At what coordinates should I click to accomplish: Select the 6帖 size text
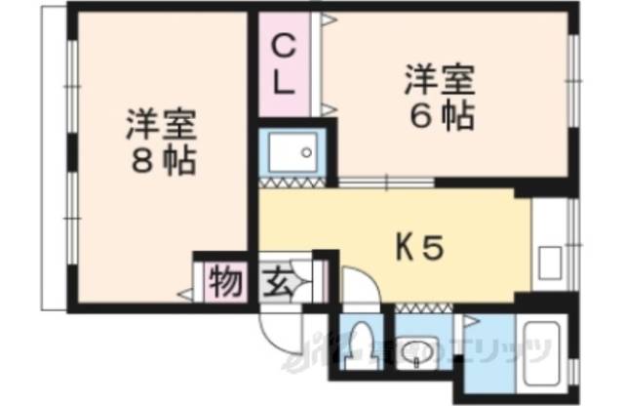point(441,116)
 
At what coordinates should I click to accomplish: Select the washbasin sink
point(417,347)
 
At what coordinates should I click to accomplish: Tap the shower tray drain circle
point(306,152)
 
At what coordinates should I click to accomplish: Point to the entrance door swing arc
point(275,332)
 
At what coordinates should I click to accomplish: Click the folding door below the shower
point(295,183)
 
